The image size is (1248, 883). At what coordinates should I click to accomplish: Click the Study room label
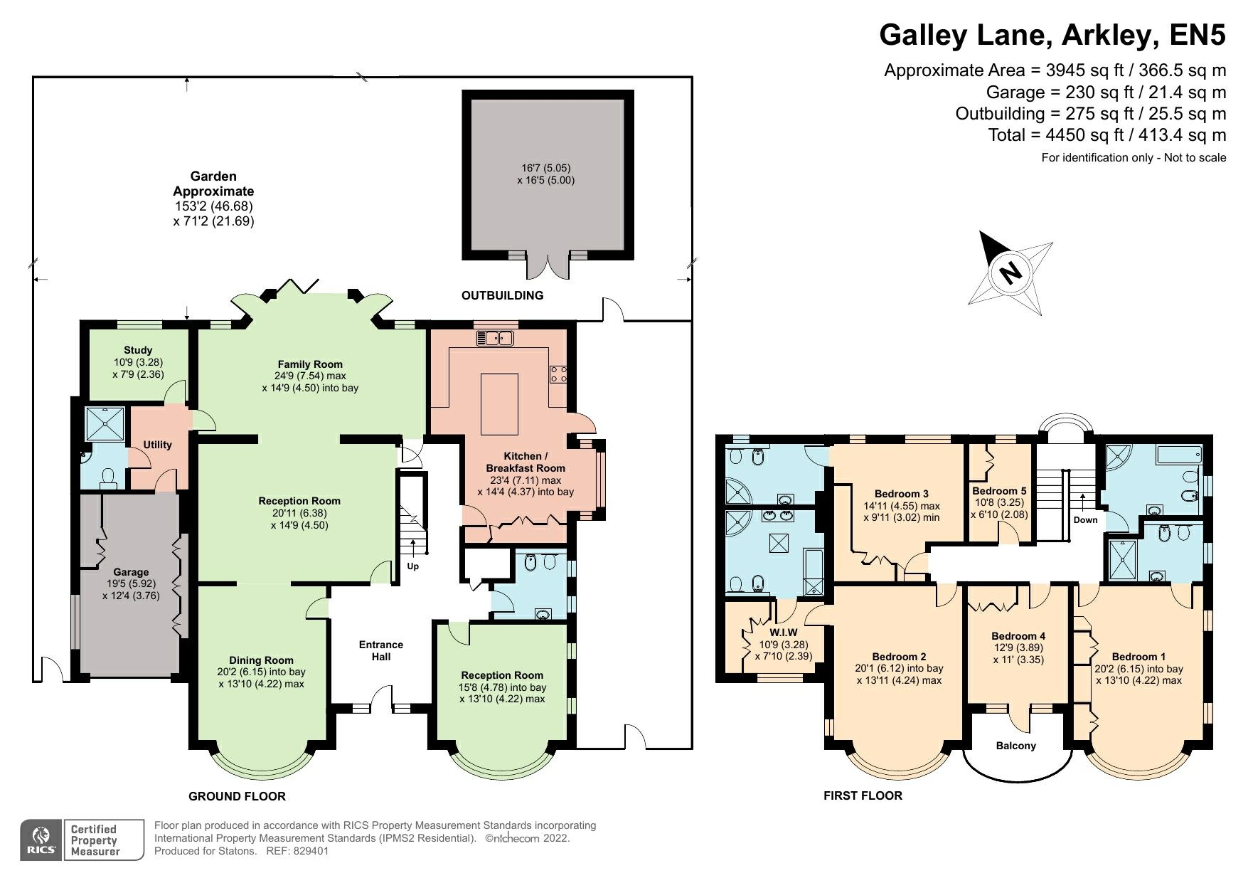(138, 350)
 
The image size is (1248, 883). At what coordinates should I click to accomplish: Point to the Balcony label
(1015, 746)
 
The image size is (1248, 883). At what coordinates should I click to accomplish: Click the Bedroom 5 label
(999, 491)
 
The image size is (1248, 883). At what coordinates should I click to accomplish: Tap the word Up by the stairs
(412, 566)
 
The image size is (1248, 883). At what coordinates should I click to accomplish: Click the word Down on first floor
(1085, 519)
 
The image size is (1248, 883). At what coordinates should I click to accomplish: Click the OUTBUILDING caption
(502, 295)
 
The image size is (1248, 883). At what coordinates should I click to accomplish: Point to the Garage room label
(131, 572)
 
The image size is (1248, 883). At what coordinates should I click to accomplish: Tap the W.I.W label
(783, 632)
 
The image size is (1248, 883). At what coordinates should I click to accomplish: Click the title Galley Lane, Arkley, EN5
(1052, 34)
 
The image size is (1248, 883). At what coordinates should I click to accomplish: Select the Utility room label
(157, 445)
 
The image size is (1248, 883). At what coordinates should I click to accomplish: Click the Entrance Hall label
(381, 650)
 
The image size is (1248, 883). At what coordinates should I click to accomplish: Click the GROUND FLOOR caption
(237, 796)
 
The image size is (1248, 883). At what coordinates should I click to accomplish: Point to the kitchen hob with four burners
(558, 374)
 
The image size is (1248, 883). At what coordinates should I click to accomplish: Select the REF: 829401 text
(297, 851)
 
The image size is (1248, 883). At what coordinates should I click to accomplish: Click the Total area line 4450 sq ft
(1106, 134)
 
